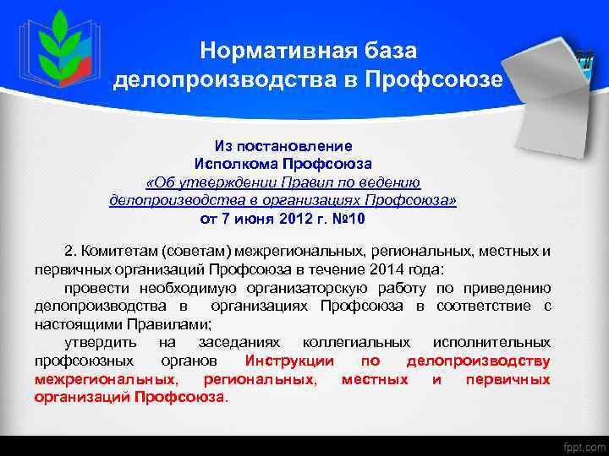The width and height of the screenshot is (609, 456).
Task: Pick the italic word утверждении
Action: pyautogui.click(x=216, y=182)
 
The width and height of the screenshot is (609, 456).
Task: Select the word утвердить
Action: pyautogui.click(x=98, y=342)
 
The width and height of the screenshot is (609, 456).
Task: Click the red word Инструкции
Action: pyautogui.click(x=288, y=361)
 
